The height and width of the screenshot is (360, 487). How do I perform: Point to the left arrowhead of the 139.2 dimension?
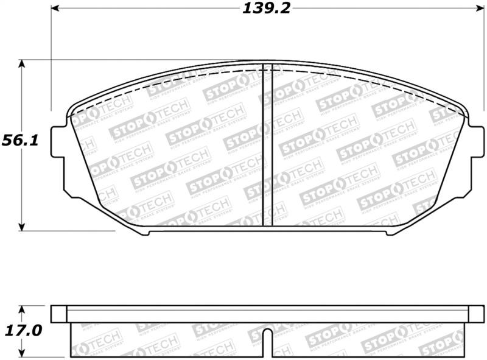coord(55,9)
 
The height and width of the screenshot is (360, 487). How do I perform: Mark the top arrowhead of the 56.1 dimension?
coord(23,64)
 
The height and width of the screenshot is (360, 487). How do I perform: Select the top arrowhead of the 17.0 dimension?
coord(23,309)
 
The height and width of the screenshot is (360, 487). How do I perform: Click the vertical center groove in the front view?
coord(263,146)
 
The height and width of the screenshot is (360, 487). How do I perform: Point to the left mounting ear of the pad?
coord(58,146)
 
